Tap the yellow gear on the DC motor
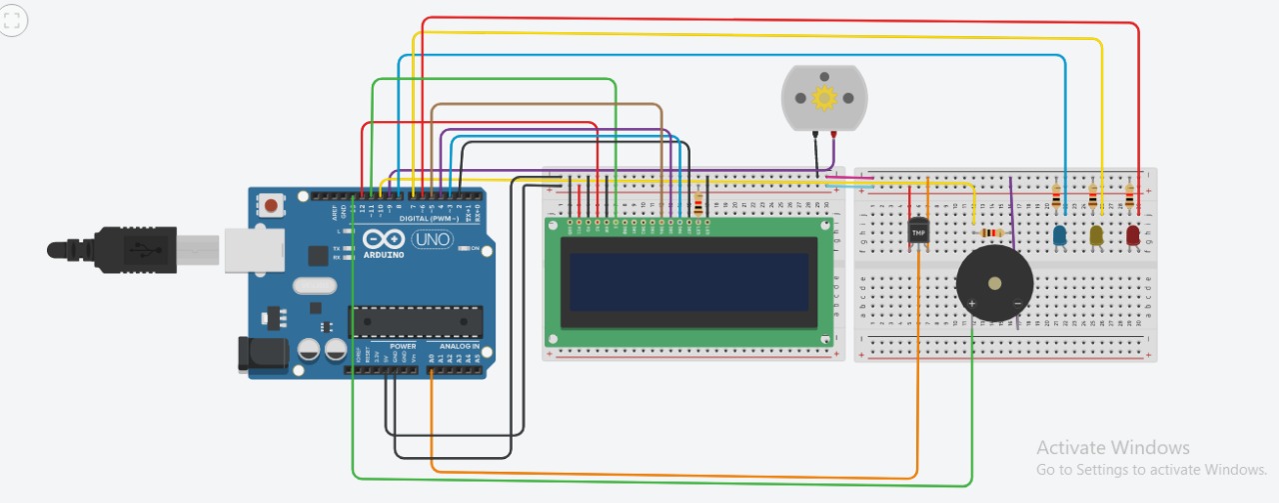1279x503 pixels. (824, 98)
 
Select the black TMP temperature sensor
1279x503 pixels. (918, 232)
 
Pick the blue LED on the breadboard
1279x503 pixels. (1060, 235)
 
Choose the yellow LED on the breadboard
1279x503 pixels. (1096, 235)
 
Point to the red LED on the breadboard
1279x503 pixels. (1133, 235)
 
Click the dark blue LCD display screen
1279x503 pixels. (688, 281)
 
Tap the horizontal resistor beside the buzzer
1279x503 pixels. (991, 233)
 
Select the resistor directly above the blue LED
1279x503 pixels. (1056, 199)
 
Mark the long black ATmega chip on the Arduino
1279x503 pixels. (415, 321)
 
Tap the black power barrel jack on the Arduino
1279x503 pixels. (254, 354)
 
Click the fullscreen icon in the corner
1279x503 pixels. (13, 20)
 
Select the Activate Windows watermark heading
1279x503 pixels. (1112, 448)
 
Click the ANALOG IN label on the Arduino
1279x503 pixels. (459, 346)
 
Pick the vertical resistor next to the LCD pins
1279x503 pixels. (697, 205)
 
